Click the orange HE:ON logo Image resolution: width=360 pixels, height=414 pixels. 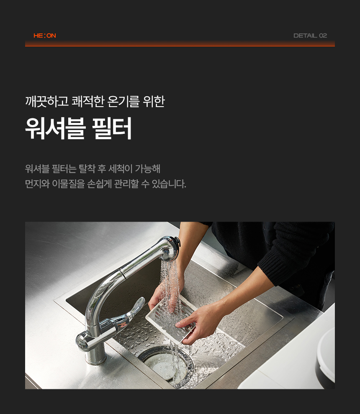[x=45, y=36]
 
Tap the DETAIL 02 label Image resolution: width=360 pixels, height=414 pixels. [x=310, y=36]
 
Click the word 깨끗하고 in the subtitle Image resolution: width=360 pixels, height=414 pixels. [x=47, y=101]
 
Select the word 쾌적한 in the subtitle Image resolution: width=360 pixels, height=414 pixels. [x=88, y=101]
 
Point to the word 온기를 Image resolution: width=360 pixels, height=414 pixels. [x=123, y=101]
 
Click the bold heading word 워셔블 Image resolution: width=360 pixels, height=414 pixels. [x=55, y=128]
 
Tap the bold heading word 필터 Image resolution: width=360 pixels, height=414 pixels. [x=112, y=128]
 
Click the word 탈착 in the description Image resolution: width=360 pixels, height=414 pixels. [x=87, y=169]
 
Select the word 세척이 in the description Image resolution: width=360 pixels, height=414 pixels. [x=120, y=169]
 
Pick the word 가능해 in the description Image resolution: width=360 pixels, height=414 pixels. [x=147, y=169]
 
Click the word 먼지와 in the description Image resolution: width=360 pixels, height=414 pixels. [x=37, y=184]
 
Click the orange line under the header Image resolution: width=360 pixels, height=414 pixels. [x=180, y=46]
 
